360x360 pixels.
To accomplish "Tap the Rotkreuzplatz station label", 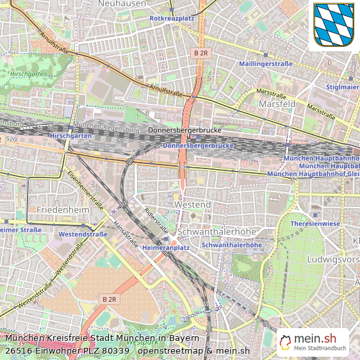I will pos(172,19).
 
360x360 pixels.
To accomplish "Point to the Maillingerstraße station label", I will pos(265,64).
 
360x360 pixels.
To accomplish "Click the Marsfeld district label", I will pos(277,103).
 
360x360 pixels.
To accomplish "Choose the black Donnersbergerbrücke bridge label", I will pos(184,131).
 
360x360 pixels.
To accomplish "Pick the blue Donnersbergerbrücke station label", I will pos(198,146).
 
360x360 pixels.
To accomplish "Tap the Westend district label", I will pos(192,204).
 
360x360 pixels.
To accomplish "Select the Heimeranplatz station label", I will pos(166,247).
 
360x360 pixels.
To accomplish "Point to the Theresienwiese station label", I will pos(315,224).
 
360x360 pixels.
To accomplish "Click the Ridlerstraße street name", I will pos(156,220).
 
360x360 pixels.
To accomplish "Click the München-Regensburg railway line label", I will pos(106,127).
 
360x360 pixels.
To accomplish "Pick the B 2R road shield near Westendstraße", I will pos(110,299).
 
